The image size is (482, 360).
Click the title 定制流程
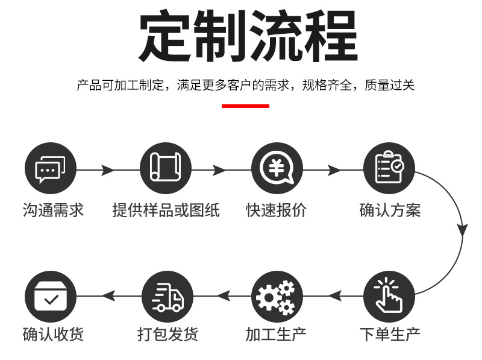tap(248, 36)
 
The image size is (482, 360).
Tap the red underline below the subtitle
tap(245, 106)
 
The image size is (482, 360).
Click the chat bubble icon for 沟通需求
tap(51, 169)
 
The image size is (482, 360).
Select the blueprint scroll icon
tap(166, 169)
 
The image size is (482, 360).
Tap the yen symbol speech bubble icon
tap(277, 169)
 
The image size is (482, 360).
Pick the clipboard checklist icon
tap(389, 169)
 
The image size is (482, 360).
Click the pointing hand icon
tap(389, 296)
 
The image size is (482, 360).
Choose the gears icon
tap(277, 296)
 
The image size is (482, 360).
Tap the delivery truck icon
tap(167, 296)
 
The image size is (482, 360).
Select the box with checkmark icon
tap(51, 296)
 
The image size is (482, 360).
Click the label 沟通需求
tap(53, 210)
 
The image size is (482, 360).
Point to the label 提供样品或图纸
tap(166, 210)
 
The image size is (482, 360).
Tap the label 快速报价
tap(277, 210)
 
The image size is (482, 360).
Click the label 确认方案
tap(390, 210)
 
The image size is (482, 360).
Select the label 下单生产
tap(390, 333)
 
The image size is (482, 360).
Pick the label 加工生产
tap(277, 333)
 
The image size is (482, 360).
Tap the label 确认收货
tap(53, 333)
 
